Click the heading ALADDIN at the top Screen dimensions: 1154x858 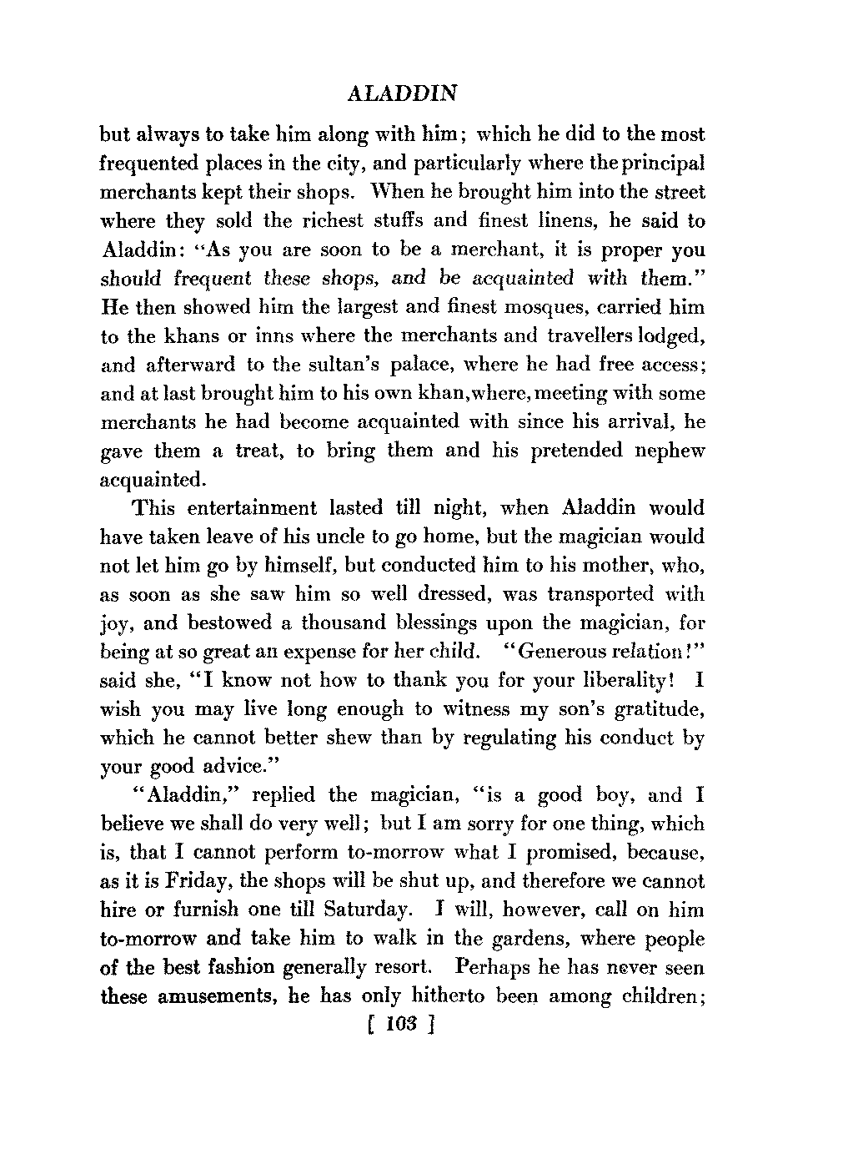[402, 93]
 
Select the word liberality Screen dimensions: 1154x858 [620, 680]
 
